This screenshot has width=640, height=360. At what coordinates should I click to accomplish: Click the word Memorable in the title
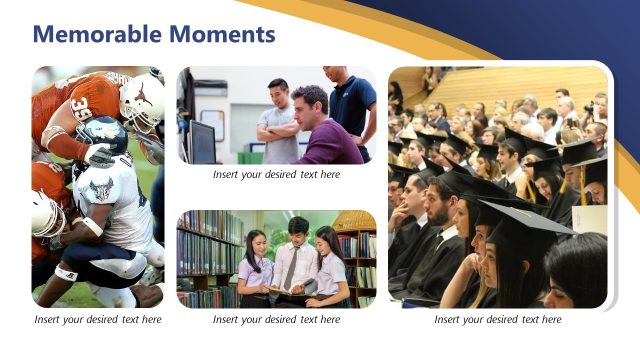95,35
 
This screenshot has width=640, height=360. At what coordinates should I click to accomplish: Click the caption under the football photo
97,320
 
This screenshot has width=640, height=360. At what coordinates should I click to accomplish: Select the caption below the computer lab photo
276,174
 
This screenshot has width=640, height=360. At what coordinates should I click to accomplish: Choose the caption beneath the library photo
276,320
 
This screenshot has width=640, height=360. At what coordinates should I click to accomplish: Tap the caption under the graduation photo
497,320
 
